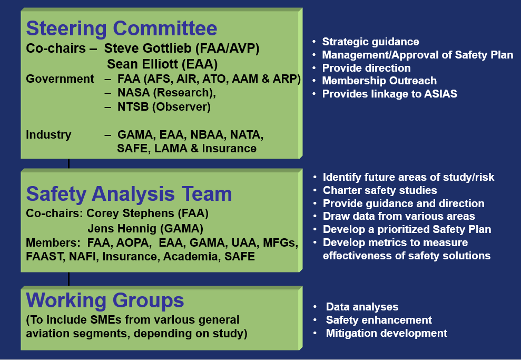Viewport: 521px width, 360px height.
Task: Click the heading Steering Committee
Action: click(x=122, y=28)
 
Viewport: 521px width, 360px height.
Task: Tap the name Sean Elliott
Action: click(x=141, y=64)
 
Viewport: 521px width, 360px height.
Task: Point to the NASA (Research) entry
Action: click(x=166, y=93)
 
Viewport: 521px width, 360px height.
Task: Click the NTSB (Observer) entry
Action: click(x=164, y=106)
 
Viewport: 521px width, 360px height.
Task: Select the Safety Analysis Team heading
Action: click(x=129, y=194)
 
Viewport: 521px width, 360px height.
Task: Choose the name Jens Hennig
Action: click(x=122, y=229)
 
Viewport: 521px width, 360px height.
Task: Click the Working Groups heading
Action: click(x=105, y=300)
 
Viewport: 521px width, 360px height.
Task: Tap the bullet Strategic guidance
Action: click(x=370, y=42)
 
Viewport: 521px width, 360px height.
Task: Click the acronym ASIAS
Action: click(x=440, y=94)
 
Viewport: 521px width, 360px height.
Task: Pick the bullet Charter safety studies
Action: click(x=380, y=190)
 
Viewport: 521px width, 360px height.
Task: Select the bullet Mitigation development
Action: click(x=387, y=333)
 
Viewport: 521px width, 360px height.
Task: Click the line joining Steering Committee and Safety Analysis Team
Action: click(x=69, y=163)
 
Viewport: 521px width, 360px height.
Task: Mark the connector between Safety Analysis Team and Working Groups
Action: click(x=69, y=279)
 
